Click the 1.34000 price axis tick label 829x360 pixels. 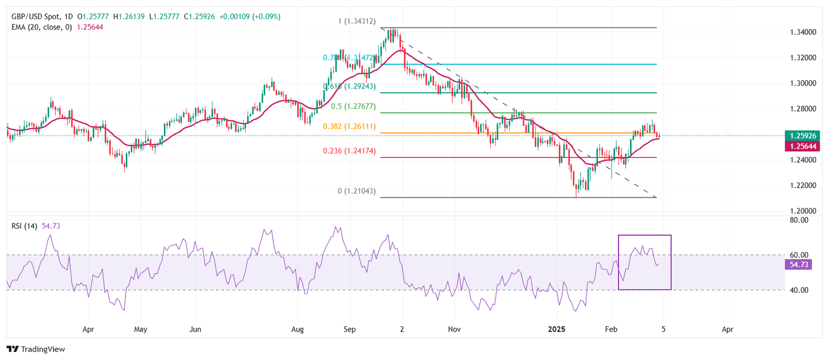coord(803,32)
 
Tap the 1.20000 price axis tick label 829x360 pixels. coord(803,211)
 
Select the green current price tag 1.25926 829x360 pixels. coord(803,136)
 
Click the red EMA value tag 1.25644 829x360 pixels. coord(803,147)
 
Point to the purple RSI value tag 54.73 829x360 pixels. coord(798,265)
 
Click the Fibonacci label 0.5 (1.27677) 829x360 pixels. coord(353,107)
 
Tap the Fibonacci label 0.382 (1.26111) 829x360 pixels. coord(349,126)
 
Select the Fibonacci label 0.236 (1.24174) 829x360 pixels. coord(349,151)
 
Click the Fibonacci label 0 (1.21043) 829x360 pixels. coord(356,191)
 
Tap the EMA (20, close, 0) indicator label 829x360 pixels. coord(41,27)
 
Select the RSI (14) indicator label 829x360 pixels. coord(24,226)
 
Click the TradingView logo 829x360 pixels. coord(36,349)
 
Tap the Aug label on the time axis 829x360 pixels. coord(297,329)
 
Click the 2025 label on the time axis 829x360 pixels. coord(557,329)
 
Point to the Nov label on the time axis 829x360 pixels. coord(454,329)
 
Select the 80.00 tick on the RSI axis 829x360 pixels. coord(799,220)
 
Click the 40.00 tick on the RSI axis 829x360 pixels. coord(799,290)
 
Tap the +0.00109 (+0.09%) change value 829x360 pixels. coord(250,17)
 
